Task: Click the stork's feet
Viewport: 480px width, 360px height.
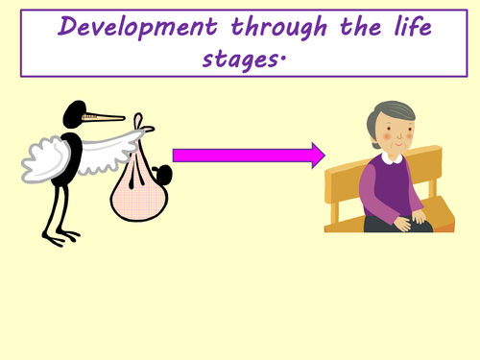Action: pos(64,235)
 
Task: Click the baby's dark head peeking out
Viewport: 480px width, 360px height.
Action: pos(163,176)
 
